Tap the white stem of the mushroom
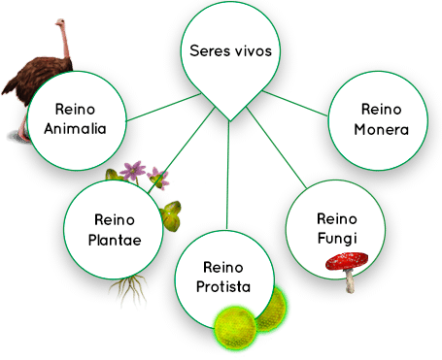(x=350, y=281)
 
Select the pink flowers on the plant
(x=147, y=175)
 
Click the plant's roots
(x=126, y=288)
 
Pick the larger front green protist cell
(x=236, y=325)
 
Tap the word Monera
(x=380, y=128)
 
